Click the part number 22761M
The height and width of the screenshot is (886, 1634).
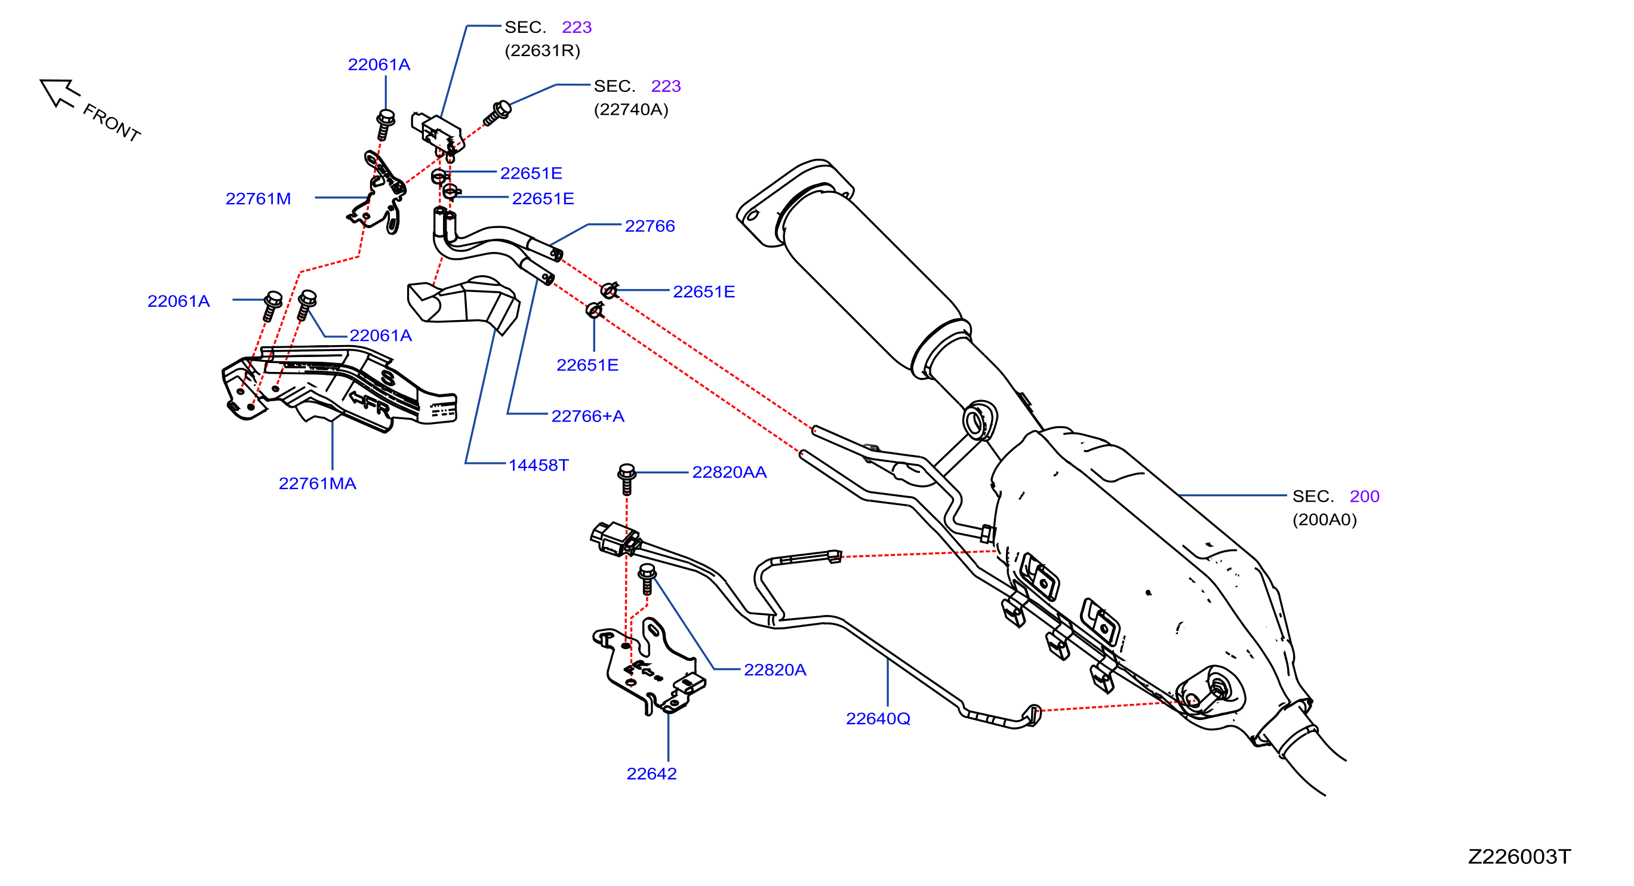click(258, 198)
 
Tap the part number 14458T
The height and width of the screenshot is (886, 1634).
click(538, 465)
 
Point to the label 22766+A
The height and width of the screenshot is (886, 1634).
click(587, 416)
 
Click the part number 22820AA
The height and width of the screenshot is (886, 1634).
click(730, 472)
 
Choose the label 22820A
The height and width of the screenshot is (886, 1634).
click(774, 670)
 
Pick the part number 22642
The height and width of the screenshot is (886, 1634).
click(651, 774)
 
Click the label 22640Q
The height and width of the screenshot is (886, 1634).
click(878, 719)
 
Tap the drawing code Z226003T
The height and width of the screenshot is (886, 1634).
click(1519, 857)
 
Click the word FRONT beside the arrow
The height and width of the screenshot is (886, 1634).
click(112, 122)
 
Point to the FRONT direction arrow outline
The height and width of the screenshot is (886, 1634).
click(60, 93)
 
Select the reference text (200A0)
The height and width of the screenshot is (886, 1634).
click(1324, 519)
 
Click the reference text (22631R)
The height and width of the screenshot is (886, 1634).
click(542, 50)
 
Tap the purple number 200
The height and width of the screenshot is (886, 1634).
click(1364, 496)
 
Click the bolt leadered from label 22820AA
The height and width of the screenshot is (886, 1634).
click(627, 479)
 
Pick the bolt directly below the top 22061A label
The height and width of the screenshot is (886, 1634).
click(385, 124)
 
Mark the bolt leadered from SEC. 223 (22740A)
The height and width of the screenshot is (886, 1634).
click(497, 113)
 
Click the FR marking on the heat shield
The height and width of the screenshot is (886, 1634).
click(370, 403)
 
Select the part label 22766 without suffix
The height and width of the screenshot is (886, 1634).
click(650, 226)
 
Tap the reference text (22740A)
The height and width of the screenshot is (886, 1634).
click(631, 109)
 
